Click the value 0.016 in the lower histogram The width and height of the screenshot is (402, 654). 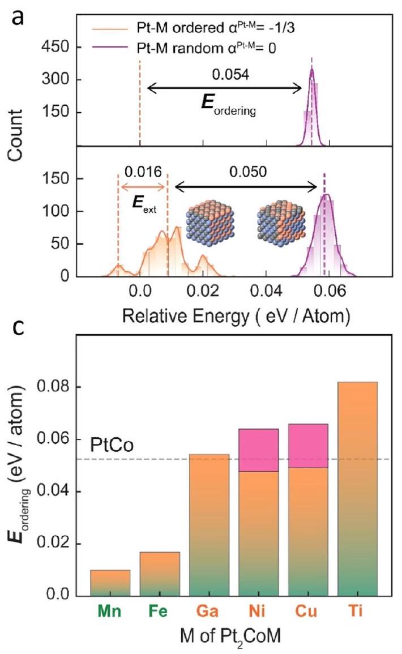click(x=142, y=170)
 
